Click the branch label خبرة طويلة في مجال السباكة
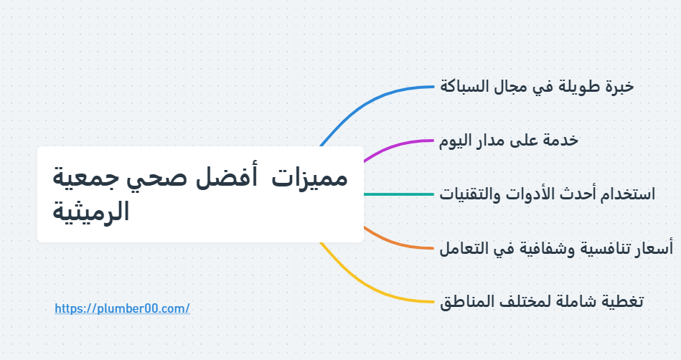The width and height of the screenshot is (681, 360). (x=537, y=87)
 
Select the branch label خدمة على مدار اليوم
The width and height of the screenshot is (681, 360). (x=509, y=141)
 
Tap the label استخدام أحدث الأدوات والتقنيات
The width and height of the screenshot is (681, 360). (x=548, y=194)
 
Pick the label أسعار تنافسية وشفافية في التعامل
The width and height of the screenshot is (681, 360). (x=556, y=248)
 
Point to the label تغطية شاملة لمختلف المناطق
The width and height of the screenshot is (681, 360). (x=542, y=302)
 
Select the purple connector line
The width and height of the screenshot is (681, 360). (x=402, y=142)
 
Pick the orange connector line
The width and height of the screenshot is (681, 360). (x=402, y=245)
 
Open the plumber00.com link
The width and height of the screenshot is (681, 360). (x=122, y=308)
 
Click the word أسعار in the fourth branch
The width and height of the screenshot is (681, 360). (x=654, y=248)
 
